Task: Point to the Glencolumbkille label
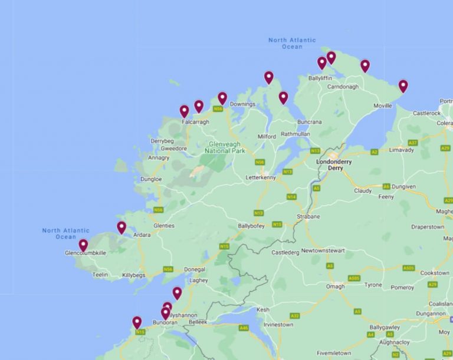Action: [86, 253]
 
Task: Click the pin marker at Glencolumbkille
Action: [83, 245]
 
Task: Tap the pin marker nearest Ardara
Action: [122, 227]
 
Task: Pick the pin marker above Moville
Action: [403, 86]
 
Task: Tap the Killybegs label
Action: [133, 275]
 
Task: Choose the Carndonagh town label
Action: [343, 87]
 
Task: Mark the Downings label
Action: [242, 104]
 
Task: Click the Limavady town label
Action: [401, 150]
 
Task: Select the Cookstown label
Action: [435, 273]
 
